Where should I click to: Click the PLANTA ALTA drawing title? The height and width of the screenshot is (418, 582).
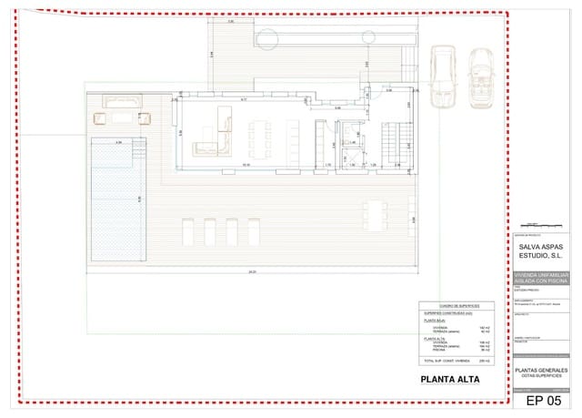[x=449, y=380]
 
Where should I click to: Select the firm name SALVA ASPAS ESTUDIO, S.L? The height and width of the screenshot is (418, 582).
[x=542, y=250]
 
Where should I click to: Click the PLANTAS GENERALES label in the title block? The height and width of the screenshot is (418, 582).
[x=542, y=371]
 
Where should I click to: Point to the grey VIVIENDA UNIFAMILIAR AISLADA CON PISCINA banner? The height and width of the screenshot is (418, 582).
[x=542, y=278]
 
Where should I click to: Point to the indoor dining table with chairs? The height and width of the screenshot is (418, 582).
[x=262, y=138]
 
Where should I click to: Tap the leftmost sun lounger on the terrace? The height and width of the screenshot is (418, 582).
[x=188, y=232]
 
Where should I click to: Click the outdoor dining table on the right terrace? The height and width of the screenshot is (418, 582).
[x=375, y=216]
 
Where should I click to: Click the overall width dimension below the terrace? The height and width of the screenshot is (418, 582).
[x=251, y=271]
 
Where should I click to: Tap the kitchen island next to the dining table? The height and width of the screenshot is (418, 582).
[x=294, y=138]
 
